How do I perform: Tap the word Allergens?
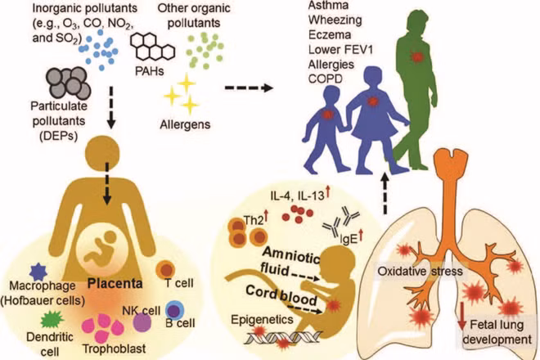[x=185, y=124]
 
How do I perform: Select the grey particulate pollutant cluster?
[x=69, y=83]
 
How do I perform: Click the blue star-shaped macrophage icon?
[x=38, y=272]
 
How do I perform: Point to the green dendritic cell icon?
[x=52, y=320]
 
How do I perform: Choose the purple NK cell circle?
[x=142, y=322]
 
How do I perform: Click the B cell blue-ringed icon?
[x=174, y=310]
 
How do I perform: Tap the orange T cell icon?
[x=165, y=269]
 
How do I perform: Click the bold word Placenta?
[x=115, y=283]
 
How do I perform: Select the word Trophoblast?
[x=114, y=349]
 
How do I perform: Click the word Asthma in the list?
[x=323, y=6]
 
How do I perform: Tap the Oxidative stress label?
[x=421, y=272]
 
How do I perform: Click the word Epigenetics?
[x=262, y=319]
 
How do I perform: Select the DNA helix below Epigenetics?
[x=283, y=338]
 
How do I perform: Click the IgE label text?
[x=349, y=240]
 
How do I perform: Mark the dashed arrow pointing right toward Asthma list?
[x=249, y=88]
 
